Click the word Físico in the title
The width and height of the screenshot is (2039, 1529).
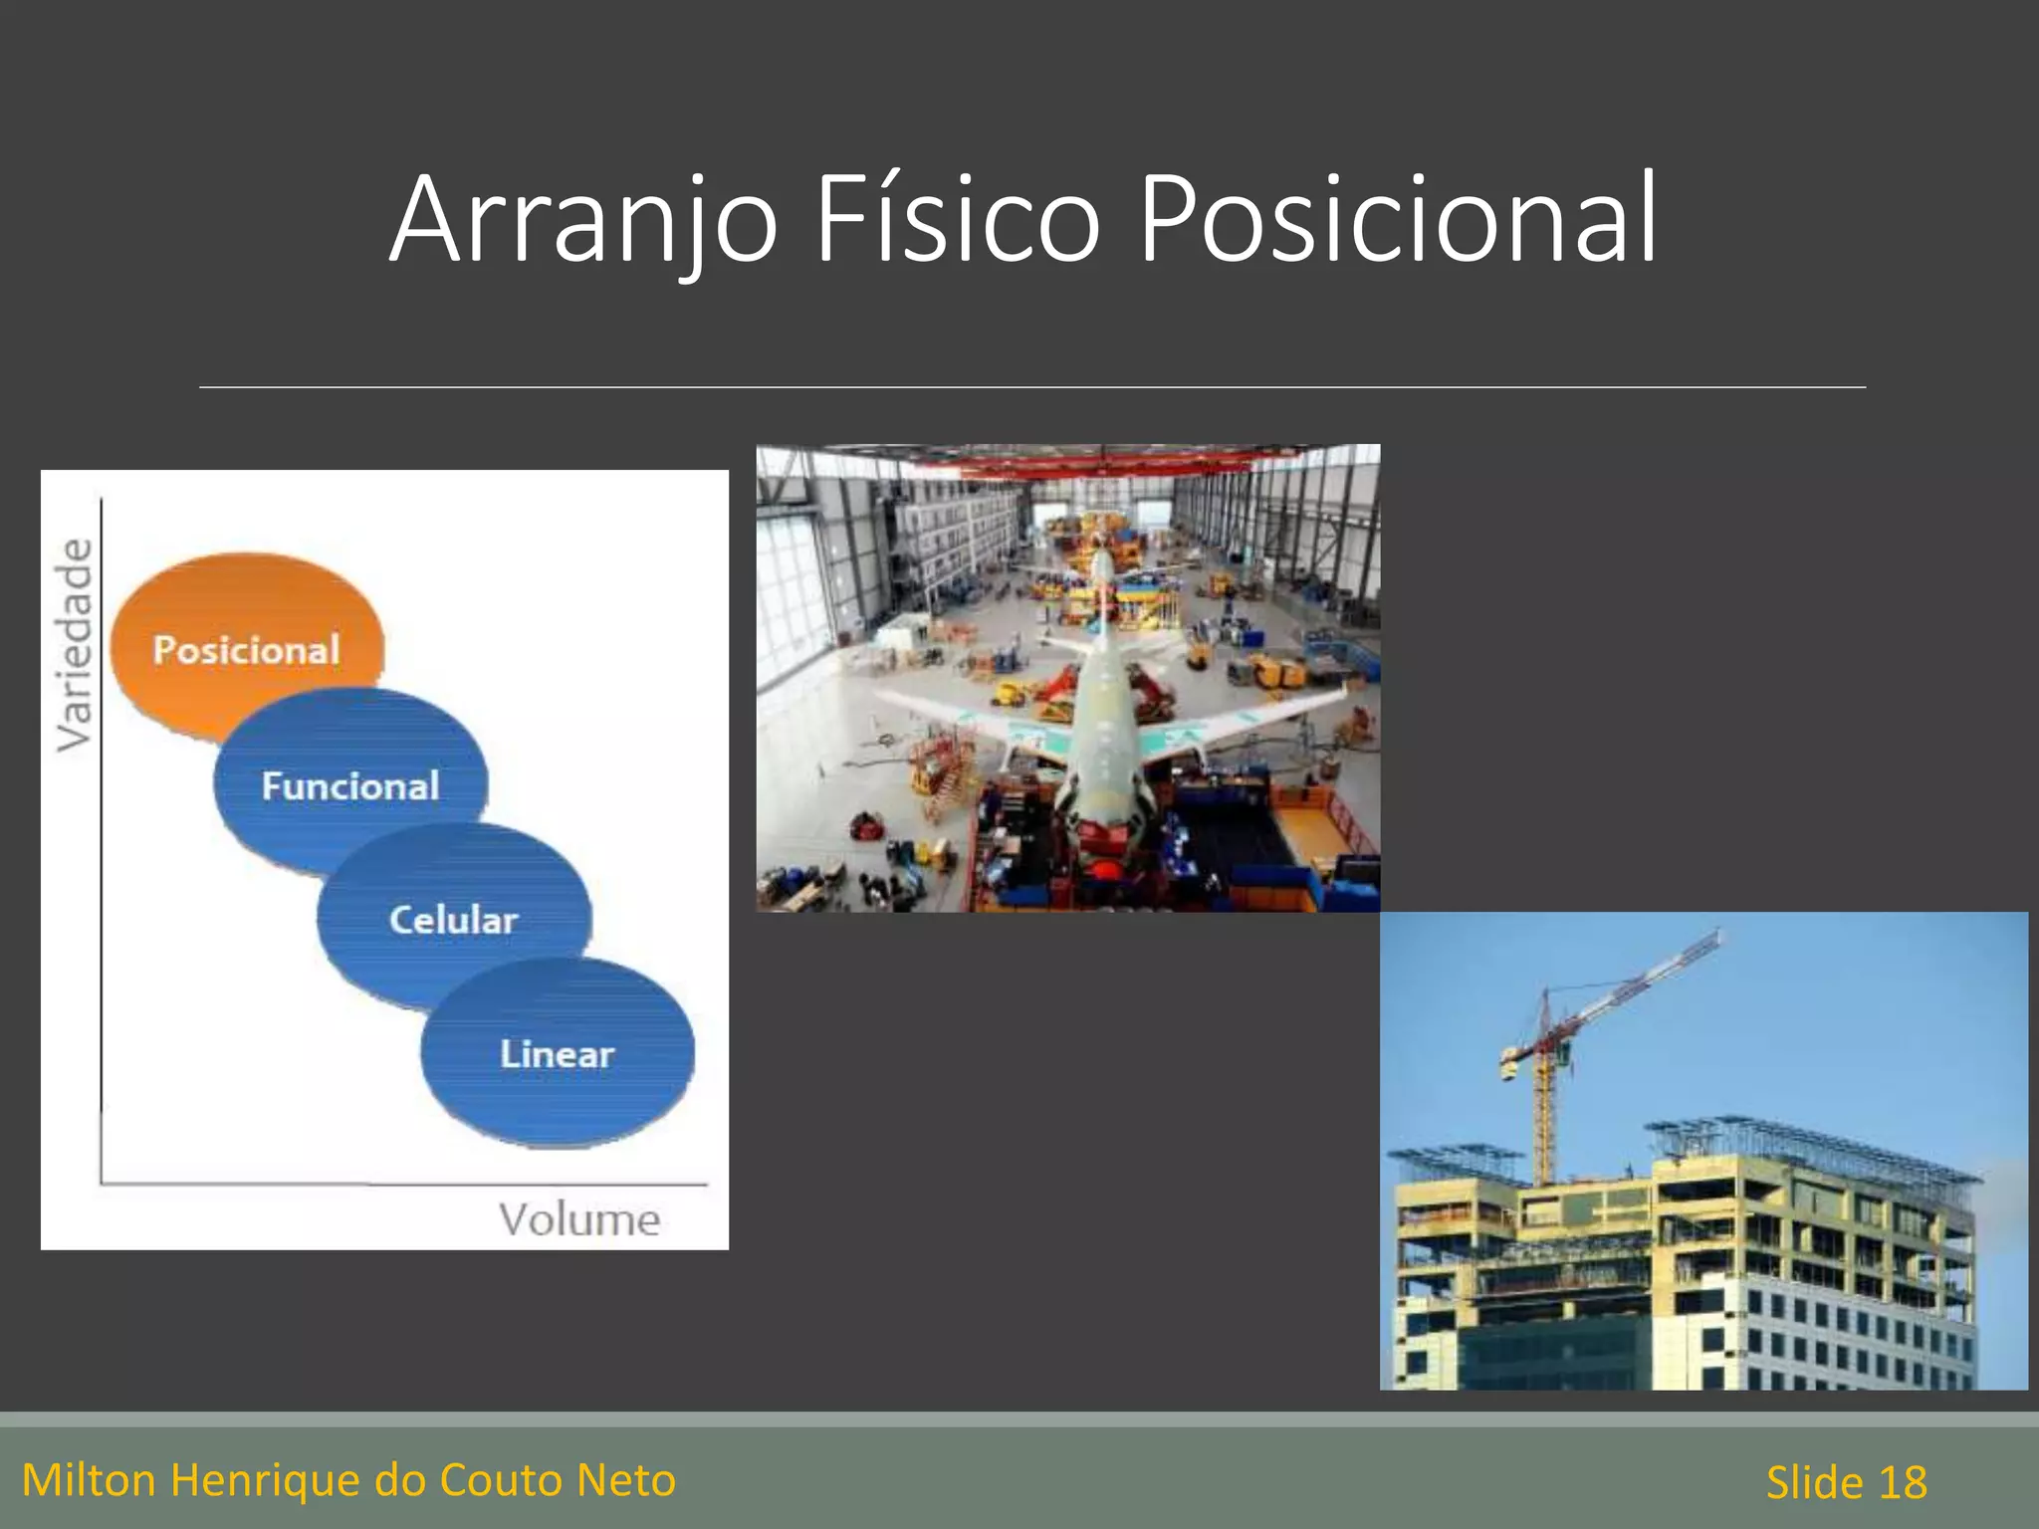click(956, 221)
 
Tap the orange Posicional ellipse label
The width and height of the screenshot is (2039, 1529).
click(246, 650)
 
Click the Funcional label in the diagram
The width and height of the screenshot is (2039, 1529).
click(349, 786)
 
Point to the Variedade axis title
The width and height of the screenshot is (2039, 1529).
click(75, 645)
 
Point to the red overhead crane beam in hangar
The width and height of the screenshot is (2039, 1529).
click(1095, 460)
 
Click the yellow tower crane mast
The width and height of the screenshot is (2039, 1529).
click(1543, 1115)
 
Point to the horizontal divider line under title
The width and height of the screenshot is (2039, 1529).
click(1031, 387)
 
